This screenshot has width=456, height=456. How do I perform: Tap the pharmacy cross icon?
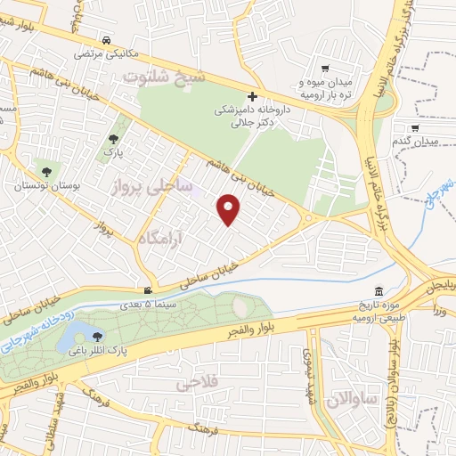tap(252, 96)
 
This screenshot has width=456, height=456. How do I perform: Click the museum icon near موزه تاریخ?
tap(379, 293)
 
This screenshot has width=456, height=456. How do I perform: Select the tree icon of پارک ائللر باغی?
tap(96, 336)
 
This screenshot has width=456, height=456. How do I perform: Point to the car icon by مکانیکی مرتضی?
tap(106, 40)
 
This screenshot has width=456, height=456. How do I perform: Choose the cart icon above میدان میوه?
tap(325, 69)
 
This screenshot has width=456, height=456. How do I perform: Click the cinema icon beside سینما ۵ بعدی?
tap(148, 289)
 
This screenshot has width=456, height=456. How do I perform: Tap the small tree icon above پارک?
tap(114, 139)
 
